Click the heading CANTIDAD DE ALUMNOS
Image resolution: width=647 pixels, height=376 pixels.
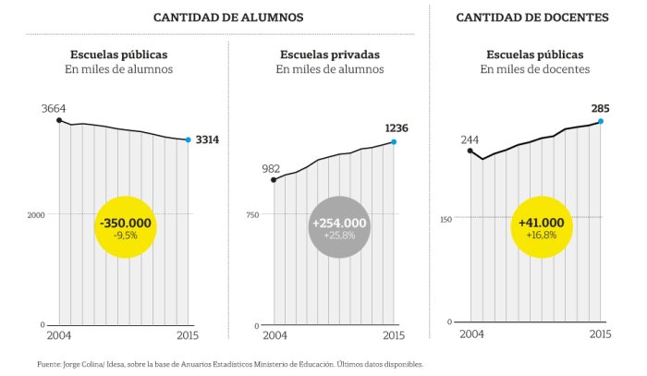(228, 18)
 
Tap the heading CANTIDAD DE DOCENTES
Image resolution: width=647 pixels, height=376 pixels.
(532, 18)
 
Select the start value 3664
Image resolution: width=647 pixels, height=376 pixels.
(54, 108)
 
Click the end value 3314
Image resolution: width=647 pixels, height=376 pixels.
(207, 139)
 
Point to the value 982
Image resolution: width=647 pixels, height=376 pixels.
(271, 169)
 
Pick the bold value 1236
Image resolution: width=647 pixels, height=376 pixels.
(397, 128)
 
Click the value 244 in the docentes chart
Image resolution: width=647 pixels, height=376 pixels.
(470, 140)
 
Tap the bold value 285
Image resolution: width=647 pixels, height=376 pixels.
(601, 108)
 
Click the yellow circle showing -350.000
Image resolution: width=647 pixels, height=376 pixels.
(126, 227)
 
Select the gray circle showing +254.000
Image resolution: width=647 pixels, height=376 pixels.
(339, 227)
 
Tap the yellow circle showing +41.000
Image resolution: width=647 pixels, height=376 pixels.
(542, 227)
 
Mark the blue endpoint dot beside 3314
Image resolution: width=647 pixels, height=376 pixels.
(189, 139)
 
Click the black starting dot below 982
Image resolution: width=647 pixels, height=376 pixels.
(274, 180)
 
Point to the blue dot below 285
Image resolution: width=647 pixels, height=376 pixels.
(601, 121)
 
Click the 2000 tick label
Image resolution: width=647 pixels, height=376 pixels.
(36, 215)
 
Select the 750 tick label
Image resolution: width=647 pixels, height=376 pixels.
(252, 215)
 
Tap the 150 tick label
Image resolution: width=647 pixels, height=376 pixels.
(446, 219)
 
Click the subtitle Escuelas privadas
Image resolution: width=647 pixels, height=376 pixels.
(330, 55)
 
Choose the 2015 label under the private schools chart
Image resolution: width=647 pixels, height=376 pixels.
(394, 335)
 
